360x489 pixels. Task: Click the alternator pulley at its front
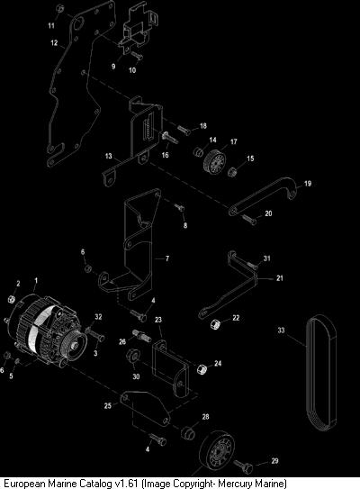pyautogui.click(x=74, y=346)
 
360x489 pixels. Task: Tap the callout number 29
pyautogui.click(x=274, y=460)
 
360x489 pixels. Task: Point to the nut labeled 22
pyautogui.click(x=216, y=324)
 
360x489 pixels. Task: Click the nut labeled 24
pyautogui.click(x=202, y=369)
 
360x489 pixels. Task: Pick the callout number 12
pyautogui.click(x=54, y=42)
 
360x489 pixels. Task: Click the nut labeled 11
pyautogui.click(x=60, y=9)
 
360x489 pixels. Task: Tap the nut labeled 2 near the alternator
pyautogui.click(x=11, y=299)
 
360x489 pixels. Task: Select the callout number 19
pyautogui.click(x=308, y=184)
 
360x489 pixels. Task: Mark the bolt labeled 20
pyautogui.click(x=248, y=219)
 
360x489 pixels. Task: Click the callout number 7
pyautogui.click(x=167, y=258)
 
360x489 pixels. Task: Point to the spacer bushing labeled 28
pyautogui.click(x=187, y=432)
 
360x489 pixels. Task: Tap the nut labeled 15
pyautogui.click(x=232, y=171)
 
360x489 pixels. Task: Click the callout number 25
pyautogui.click(x=107, y=406)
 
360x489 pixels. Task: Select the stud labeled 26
pyautogui.click(x=142, y=336)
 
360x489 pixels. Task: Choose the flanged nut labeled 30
pyautogui.click(x=132, y=356)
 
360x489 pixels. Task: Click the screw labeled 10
pyautogui.click(x=137, y=56)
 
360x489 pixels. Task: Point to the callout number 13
pyautogui.click(x=109, y=156)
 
